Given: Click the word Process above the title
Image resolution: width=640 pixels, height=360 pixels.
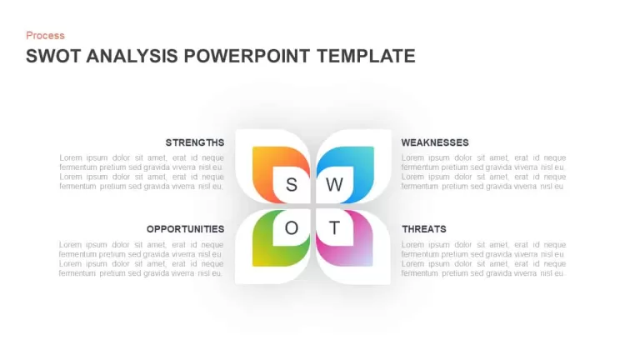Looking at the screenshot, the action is [45, 36].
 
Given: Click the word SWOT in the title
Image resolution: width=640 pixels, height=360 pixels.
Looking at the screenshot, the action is [53, 56].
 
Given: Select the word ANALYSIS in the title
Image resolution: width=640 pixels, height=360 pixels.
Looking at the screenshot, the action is [132, 56].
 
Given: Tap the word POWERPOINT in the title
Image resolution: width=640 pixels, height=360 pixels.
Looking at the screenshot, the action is [247, 56].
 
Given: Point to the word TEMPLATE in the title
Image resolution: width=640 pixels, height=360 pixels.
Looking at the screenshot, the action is [366, 56].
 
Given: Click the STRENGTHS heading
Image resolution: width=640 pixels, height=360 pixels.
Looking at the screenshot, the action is [195, 142].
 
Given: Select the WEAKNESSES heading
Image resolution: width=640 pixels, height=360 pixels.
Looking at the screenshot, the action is [435, 142].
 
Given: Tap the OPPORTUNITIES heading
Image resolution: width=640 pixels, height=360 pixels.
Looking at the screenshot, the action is [185, 229].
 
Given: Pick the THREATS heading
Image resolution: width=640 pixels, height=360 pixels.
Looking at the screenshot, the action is [424, 229].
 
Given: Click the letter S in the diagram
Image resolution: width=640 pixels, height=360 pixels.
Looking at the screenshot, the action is [292, 185].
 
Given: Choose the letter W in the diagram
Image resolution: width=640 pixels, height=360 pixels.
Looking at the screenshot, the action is [334, 185].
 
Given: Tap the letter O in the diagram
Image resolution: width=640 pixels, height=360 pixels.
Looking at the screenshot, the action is [292, 227].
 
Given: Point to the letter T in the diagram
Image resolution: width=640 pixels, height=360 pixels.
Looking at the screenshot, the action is [334, 227].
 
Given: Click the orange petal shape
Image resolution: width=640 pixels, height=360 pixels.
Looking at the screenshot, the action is [262, 172].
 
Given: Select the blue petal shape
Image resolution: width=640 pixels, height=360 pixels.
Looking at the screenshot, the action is [363, 172].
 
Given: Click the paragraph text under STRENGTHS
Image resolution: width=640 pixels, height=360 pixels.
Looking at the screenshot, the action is [142, 172].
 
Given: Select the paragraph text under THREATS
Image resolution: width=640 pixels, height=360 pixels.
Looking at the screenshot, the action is [483, 259].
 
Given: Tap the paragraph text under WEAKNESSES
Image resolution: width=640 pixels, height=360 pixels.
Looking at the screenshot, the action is [483, 172].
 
